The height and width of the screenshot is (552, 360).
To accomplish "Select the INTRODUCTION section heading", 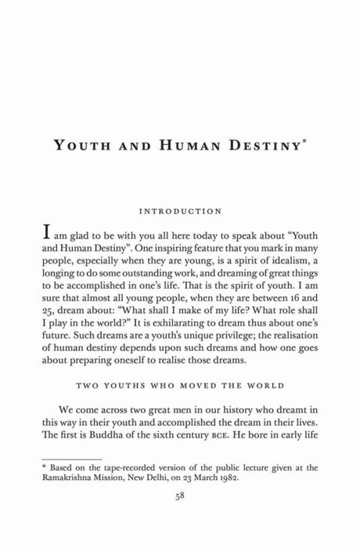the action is (x=180, y=211).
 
